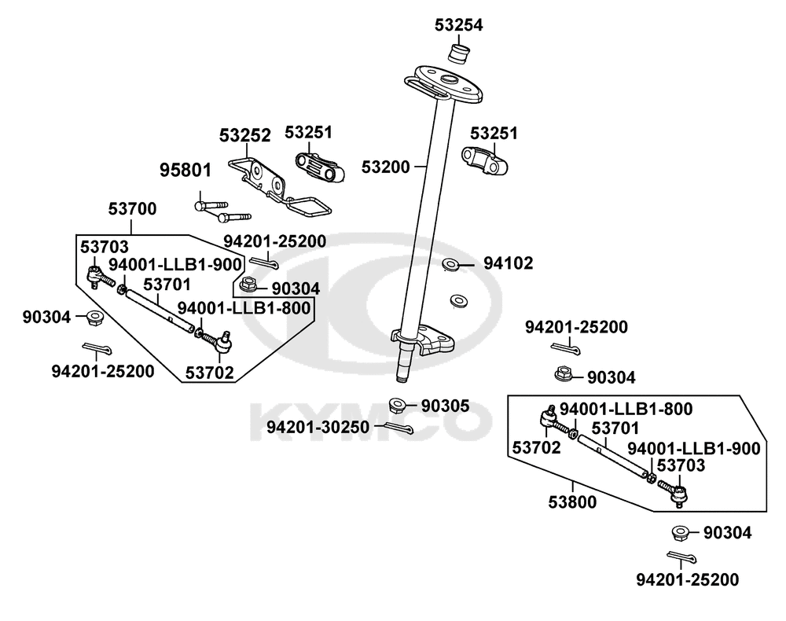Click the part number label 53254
click(458, 25)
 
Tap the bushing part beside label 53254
click(458, 54)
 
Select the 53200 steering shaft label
click(386, 167)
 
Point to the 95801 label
click(185, 170)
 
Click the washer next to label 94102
click(452, 264)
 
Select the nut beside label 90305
click(398, 406)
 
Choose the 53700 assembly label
click(132, 209)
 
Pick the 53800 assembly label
click(571, 502)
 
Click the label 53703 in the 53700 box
click(105, 247)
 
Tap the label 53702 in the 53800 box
click(536, 448)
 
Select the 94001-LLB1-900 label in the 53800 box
click(693, 448)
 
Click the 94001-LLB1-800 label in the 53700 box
click(243, 308)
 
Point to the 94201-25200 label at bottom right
click(688, 580)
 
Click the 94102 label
click(507, 263)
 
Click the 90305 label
click(445, 406)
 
